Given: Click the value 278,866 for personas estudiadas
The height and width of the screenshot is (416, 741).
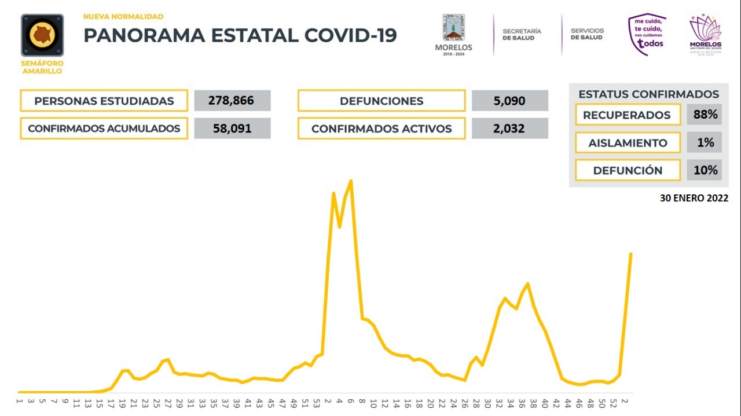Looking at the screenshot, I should [232, 101].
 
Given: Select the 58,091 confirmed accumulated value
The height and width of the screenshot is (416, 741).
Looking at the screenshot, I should [232, 128].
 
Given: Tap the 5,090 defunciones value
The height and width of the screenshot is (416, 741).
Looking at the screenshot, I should [509, 101].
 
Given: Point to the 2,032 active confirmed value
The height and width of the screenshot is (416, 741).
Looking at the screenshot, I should [509, 128].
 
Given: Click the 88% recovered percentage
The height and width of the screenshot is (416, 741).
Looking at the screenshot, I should [705, 115].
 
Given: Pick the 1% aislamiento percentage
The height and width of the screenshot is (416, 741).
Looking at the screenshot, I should [705, 142].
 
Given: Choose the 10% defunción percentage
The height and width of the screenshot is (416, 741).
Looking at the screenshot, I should [705, 170].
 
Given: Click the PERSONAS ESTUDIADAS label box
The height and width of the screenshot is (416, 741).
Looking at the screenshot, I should [104, 101].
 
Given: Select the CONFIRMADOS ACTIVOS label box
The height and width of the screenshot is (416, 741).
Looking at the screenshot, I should [381, 128].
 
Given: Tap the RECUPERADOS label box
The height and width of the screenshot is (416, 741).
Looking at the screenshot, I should [627, 115].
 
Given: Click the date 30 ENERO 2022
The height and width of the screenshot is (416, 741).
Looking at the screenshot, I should [694, 198].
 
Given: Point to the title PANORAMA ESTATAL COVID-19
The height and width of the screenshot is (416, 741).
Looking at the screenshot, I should [240, 35].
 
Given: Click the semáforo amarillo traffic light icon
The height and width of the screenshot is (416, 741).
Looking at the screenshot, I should [42, 36].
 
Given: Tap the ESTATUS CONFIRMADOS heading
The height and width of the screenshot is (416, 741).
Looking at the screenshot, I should [648, 94].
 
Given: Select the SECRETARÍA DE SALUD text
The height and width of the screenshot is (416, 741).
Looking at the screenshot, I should [522, 34].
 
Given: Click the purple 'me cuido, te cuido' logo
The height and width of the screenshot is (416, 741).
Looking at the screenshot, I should [647, 35].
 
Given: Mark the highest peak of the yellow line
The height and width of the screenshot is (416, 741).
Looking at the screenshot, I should [351, 181].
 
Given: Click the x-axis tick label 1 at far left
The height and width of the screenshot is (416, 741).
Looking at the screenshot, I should [19, 401].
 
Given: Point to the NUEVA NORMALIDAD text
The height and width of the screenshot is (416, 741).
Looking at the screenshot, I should [123, 17].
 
